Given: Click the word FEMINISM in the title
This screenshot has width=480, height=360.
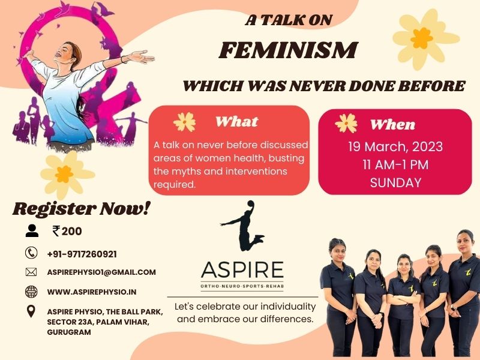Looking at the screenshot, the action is [x=289, y=50].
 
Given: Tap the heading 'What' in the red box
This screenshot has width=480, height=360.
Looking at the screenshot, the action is [x=236, y=122].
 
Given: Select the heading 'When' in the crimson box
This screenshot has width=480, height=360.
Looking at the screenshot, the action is [x=393, y=125].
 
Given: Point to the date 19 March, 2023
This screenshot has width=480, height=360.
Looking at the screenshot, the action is [x=395, y=146].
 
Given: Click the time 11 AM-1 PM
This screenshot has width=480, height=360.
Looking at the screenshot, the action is [x=395, y=164].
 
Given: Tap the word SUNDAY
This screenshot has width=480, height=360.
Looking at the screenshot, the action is [x=395, y=183].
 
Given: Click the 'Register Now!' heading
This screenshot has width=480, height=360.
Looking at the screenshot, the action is [x=82, y=209].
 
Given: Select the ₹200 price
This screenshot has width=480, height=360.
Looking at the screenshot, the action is [x=67, y=231].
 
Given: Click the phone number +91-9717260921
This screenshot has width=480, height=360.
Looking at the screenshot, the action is [x=82, y=254].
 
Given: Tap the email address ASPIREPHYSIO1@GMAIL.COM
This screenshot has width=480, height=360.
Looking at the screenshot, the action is [x=101, y=272].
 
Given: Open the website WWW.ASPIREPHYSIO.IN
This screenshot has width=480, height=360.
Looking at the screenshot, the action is [x=92, y=292].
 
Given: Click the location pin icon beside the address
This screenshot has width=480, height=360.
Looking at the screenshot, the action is [x=31, y=311].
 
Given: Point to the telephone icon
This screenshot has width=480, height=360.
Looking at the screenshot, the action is [x=31, y=253].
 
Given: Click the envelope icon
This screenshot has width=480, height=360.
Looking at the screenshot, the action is [x=31, y=272].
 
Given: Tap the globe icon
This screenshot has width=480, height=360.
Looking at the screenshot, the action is [x=31, y=292].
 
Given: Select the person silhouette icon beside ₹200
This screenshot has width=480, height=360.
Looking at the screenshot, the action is [x=32, y=231].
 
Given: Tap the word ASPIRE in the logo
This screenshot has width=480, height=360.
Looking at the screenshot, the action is [x=242, y=269].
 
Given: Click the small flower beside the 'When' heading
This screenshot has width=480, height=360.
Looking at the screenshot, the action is [x=346, y=123].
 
